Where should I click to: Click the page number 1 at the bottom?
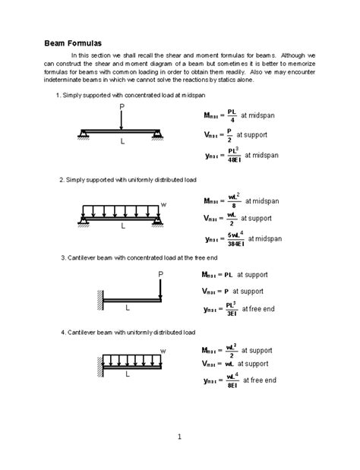[x=179, y=436]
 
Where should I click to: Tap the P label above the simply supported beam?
[x=122, y=108]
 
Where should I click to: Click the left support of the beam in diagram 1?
[x=82, y=136]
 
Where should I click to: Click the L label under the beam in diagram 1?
[x=122, y=141]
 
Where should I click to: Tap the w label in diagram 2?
[x=163, y=203]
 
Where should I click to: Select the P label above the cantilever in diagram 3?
[x=160, y=273]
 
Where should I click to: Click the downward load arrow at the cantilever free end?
[x=160, y=289]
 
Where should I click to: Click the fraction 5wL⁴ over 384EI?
[x=235, y=239]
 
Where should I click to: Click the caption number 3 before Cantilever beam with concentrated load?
[x=64, y=257]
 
